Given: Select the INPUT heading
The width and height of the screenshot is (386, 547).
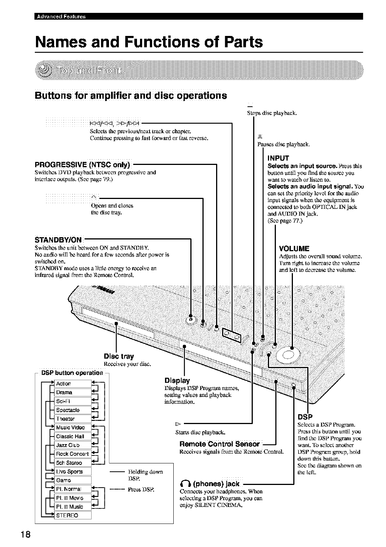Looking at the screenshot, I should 278,158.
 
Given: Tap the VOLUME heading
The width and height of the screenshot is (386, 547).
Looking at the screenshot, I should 294,249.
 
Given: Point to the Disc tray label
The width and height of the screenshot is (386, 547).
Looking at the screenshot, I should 119,356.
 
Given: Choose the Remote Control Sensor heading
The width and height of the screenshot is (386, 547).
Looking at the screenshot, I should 220,444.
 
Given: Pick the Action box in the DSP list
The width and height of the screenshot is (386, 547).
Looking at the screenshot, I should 73,384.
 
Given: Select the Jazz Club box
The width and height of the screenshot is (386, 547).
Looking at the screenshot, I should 73,445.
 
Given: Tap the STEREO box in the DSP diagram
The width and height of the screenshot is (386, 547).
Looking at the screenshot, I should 73,515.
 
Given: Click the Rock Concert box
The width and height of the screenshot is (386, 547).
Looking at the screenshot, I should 73,454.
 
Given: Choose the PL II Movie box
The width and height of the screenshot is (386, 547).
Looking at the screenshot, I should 73,498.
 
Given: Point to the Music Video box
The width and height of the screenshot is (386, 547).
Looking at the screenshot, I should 73,427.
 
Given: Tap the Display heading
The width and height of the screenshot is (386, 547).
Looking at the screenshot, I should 177,380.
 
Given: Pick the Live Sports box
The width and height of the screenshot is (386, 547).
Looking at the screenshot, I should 73,471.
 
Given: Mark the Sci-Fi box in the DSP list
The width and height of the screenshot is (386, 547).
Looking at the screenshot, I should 73,401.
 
